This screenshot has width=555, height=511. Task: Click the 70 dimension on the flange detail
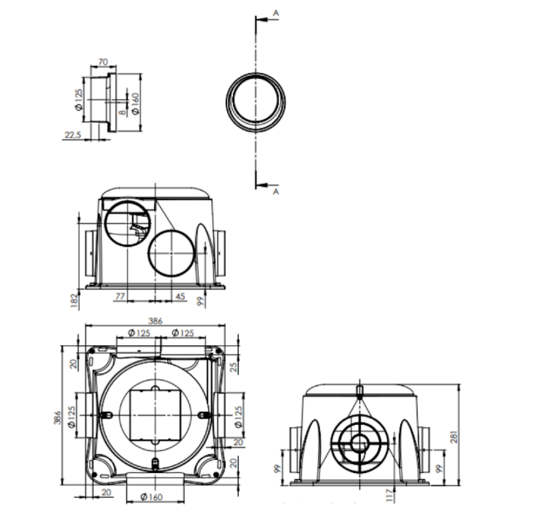point(104,62)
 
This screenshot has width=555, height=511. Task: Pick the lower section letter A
point(276,193)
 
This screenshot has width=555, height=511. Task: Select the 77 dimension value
point(120,296)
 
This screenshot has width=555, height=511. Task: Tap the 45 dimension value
point(180,296)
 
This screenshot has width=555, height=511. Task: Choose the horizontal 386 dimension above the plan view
point(155,321)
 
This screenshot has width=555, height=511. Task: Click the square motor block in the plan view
point(154,414)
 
